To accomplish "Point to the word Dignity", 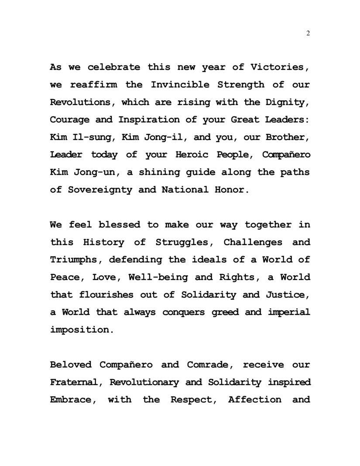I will click(288, 103).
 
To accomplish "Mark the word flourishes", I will click(107, 295).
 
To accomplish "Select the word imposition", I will click(82, 330).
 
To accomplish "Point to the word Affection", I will click(255, 400).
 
